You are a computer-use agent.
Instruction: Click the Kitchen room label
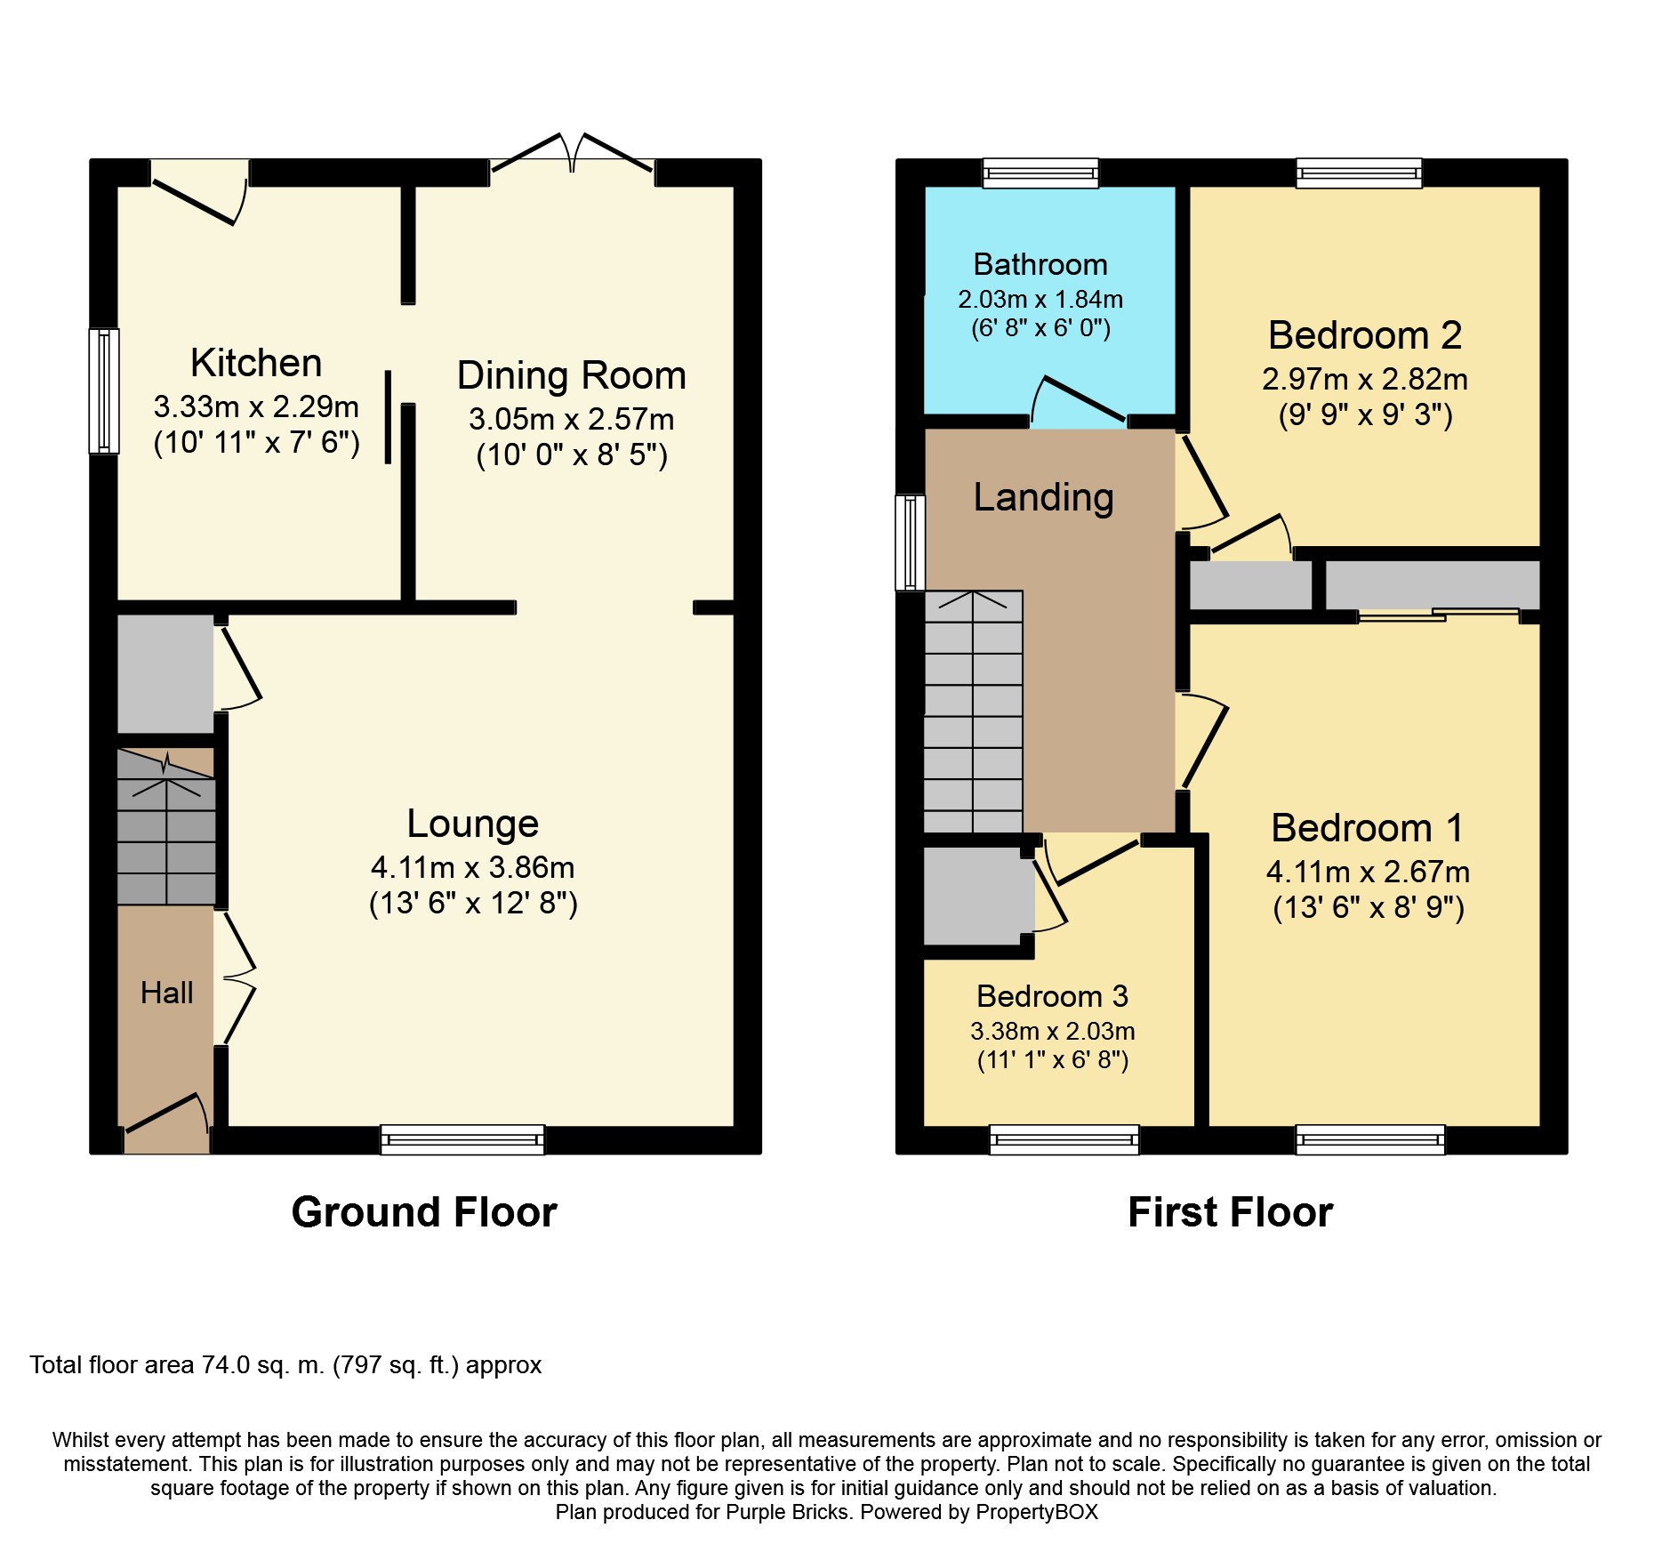pyautogui.click(x=256, y=363)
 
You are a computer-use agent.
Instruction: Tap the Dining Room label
pyautogui.click(x=572, y=375)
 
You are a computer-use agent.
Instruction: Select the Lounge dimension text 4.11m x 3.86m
pyautogui.click(x=473, y=867)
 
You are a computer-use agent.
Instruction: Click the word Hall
pyautogui.click(x=167, y=993)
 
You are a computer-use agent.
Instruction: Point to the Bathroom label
pyautogui.click(x=1040, y=264)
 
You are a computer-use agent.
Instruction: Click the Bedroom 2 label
pyautogui.click(x=1365, y=335)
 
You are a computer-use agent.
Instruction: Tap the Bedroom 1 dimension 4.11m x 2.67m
pyautogui.click(x=1369, y=872)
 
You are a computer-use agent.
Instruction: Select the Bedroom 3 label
pyautogui.click(x=1053, y=996)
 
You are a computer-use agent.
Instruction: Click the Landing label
pyautogui.click(x=1044, y=497)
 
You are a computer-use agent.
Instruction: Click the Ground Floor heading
pyautogui.click(x=424, y=1212)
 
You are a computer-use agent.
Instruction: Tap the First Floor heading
pyautogui.click(x=1231, y=1212)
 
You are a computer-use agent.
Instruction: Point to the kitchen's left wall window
pyautogui.click(x=104, y=391)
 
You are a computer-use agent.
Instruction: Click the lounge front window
pyautogui.click(x=462, y=1139)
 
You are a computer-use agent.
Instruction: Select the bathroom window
pyautogui.click(x=1040, y=173)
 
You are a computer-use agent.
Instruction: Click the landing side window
pyautogui.click(x=910, y=543)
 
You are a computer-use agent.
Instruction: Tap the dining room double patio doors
pyautogui.click(x=572, y=153)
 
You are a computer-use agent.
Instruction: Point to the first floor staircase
pyautogui.click(x=974, y=712)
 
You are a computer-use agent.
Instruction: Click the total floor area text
pyautogui.click(x=285, y=1365)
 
